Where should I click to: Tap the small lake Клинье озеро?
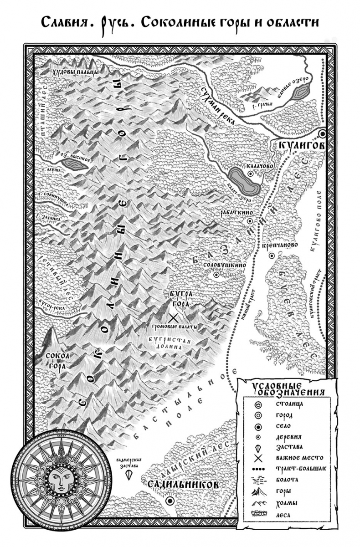point(301,94)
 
